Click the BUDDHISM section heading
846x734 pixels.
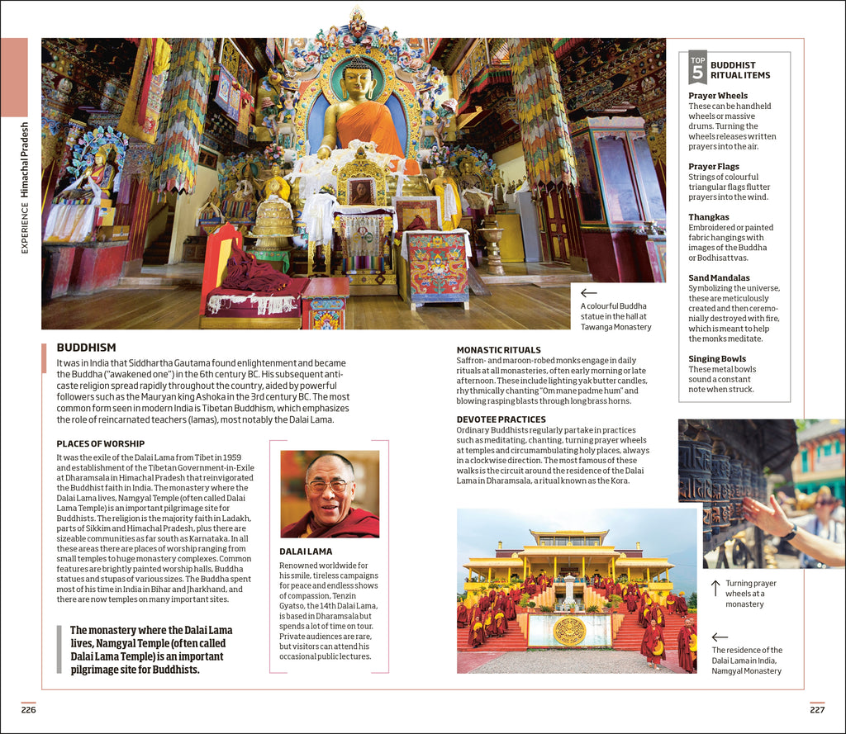pos(86,348)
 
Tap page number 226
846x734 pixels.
pos(29,709)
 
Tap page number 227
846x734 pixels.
pos(816,709)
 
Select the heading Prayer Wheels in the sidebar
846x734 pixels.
pos(718,96)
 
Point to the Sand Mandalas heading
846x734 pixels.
pos(719,278)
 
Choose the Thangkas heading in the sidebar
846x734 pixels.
pos(709,217)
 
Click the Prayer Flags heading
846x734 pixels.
pos(714,167)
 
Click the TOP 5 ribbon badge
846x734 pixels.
pos(698,67)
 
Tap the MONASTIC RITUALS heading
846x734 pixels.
pos(498,350)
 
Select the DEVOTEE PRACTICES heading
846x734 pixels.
pos(501,419)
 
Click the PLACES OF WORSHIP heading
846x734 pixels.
pos(100,444)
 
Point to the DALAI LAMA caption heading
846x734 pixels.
pos(306,551)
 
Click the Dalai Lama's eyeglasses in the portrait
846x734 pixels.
pos(329,486)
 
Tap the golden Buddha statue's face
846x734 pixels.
pos(357,83)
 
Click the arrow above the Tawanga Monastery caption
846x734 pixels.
pos(588,293)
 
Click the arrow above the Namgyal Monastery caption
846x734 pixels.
pos(720,637)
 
